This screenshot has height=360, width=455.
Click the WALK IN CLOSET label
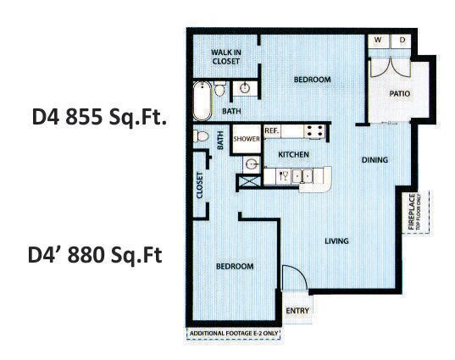[226, 56]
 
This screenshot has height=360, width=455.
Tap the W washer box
[378, 41]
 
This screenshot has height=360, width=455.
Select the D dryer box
[402, 41]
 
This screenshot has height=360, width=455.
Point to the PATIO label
[400, 94]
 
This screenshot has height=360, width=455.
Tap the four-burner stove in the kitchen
[314, 132]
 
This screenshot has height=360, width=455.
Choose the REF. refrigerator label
[272, 131]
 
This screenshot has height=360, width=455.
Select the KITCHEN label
[293, 155]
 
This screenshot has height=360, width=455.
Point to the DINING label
[375, 159]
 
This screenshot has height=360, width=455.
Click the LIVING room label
[337, 241]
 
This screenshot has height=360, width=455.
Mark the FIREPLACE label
[413, 213]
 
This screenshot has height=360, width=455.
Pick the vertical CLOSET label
[201, 186]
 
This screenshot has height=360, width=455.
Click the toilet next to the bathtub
[219, 89]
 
